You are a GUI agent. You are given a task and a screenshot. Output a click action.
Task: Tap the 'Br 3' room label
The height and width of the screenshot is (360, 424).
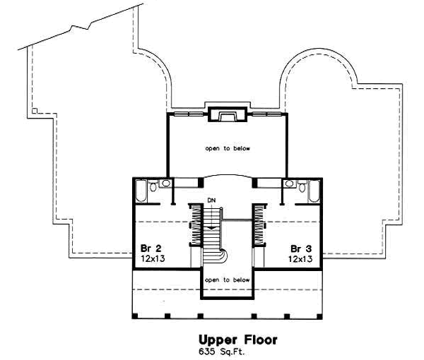[301, 249]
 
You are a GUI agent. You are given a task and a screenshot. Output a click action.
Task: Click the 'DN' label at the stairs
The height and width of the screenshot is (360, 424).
[211, 200]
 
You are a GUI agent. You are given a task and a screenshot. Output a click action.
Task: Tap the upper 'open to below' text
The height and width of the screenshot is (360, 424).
[228, 149]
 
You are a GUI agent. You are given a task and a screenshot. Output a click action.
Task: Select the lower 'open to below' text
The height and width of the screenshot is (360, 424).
[228, 280]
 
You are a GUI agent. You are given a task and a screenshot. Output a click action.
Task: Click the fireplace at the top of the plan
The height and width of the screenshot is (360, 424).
[228, 114]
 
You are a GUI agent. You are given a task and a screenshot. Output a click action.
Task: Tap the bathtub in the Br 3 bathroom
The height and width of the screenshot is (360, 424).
[315, 191]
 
